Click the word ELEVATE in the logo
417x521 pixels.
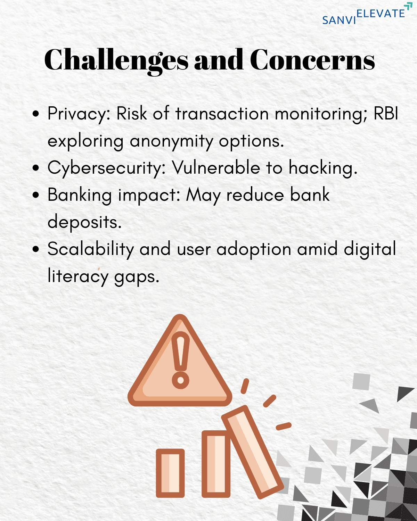(381, 13)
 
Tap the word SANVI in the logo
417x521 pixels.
(339, 20)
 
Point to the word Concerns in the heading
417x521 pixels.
(312, 59)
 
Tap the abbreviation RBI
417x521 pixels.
(386, 113)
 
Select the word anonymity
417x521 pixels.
(171, 141)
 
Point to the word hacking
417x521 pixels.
(323, 168)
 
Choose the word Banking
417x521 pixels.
(80, 195)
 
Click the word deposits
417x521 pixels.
(84, 222)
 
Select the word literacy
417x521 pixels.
(78, 276)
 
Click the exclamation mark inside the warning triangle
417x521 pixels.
(180, 360)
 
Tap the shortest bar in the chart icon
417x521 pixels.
(170, 473)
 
